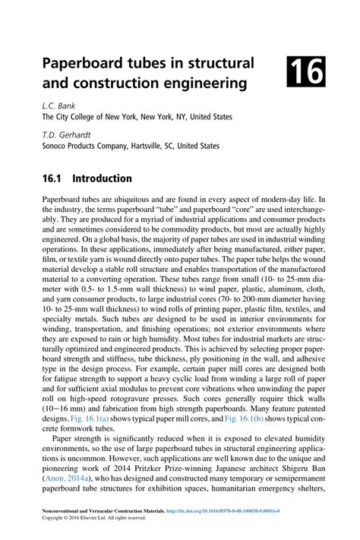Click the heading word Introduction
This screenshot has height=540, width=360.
coord(101,178)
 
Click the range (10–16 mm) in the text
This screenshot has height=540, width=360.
coord(65,409)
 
